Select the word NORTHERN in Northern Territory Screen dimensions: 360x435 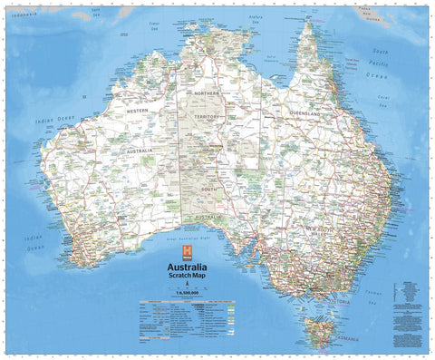point(208,93)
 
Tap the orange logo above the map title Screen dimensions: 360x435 point(187,251)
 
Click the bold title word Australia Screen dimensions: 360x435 point(186,268)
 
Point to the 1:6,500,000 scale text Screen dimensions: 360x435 point(186,295)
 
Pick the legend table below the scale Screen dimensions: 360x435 point(186,312)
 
